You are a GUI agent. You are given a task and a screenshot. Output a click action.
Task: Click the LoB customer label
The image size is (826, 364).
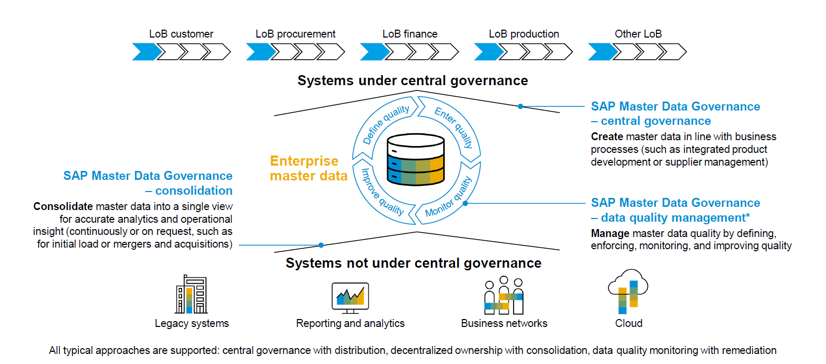click(181, 34)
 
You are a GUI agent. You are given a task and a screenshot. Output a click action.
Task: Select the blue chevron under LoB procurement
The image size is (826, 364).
click(259, 52)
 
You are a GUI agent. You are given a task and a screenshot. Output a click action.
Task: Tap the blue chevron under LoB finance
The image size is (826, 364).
click(373, 52)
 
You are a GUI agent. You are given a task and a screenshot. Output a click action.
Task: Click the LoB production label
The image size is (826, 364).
click(524, 34)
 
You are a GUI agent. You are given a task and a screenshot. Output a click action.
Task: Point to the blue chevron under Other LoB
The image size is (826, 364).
click(601, 52)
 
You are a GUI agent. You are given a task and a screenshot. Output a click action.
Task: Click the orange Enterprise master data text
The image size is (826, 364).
click(308, 168)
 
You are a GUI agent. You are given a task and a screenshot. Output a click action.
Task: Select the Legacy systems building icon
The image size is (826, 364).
click(191, 295)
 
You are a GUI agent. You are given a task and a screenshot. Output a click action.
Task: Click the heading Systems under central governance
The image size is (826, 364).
click(412, 80)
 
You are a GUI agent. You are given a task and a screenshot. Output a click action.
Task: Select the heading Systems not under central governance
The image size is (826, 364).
click(414, 263)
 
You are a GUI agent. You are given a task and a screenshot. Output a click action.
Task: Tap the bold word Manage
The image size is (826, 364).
click(610, 233)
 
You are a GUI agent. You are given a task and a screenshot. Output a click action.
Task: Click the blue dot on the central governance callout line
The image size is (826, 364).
click(520, 106)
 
